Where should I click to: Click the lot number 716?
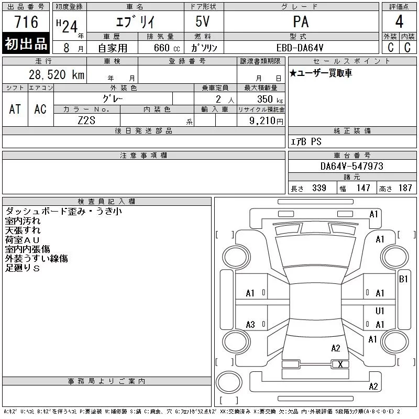click(26, 22)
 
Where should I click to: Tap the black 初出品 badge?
click(26, 43)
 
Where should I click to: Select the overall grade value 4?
click(399, 21)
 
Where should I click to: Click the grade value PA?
click(301, 21)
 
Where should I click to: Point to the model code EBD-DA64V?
click(300, 48)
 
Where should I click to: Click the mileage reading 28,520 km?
click(57, 74)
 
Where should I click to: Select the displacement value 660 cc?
click(167, 48)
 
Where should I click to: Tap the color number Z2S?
click(86, 120)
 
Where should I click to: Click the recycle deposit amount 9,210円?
click(266, 121)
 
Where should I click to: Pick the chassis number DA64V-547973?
click(352, 166)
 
